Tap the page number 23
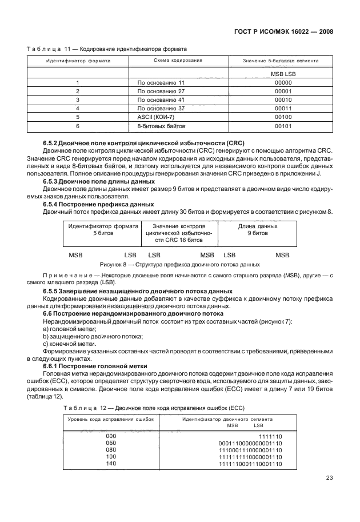coord(329,494)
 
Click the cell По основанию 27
coord(161,91)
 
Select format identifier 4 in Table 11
coord(77,107)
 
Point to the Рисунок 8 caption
coord(179,264)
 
